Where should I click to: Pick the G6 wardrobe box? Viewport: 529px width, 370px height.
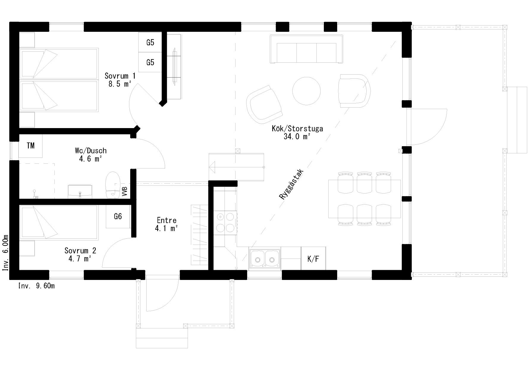118,216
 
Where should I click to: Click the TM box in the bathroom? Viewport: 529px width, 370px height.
30,146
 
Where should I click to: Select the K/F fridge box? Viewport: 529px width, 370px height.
313,259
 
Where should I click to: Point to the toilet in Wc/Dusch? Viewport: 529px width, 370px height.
113,185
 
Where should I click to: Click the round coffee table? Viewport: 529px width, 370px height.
307,91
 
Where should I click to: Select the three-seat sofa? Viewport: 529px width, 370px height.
306,49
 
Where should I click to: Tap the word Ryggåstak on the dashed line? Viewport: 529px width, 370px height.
291,185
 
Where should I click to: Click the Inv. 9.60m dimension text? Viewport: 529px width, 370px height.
36,286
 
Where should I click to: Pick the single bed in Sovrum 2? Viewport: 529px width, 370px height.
59,223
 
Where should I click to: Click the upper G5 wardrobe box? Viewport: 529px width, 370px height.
150,42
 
